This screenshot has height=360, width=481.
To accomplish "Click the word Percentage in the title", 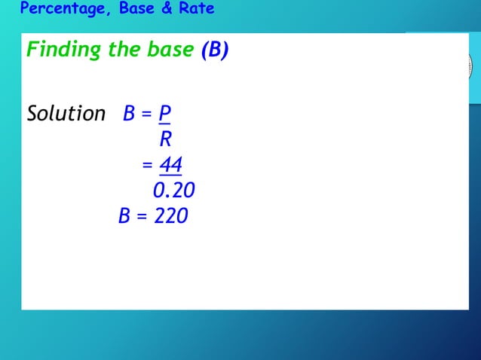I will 63,9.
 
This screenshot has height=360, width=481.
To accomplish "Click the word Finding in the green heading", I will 63,50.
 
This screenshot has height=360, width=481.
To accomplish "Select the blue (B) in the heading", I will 214,50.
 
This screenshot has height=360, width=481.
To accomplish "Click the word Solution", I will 66,114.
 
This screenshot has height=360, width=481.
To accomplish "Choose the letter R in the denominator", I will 165,139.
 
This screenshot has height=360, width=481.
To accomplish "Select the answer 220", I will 171,216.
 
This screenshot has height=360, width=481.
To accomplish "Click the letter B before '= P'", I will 129,114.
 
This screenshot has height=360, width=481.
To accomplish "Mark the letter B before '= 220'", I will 125,216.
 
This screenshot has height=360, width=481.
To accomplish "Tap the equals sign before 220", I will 143,217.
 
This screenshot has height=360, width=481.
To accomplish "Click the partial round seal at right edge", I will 468,66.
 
